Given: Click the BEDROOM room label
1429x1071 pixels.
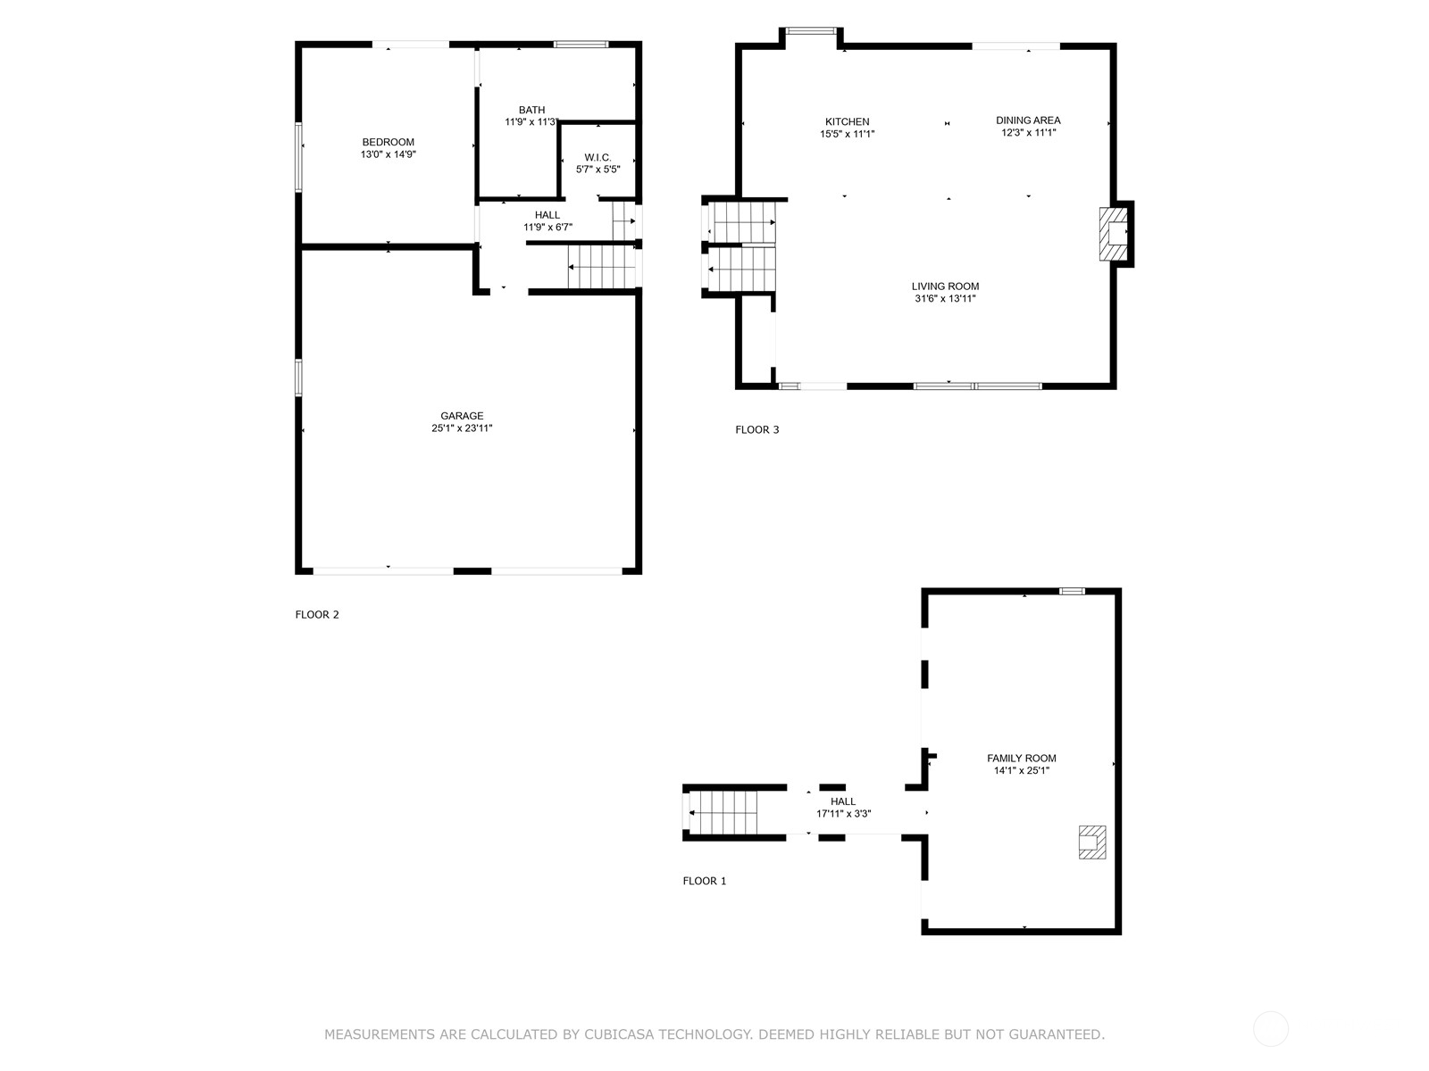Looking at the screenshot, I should click(x=388, y=142).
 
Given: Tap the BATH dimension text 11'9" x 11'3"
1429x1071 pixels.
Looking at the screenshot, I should click(x=531, y=122).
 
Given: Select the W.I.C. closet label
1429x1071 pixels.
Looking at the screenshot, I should click(x=598, y=157).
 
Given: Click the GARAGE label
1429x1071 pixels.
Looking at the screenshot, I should click(x=462, y=416).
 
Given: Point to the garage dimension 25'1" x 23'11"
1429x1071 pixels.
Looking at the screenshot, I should click(x=462, y=428).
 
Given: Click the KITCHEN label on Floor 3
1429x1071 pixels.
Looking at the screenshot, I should click(x=847, y=121).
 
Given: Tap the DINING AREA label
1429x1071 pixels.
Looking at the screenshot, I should click(x=1028, y=120).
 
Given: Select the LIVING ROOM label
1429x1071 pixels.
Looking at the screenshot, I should click(x=945, y=286).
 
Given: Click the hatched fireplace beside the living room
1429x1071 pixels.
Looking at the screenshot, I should click(x=1114, y=234).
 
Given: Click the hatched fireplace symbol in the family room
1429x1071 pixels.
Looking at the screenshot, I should click(x=1091, y=842).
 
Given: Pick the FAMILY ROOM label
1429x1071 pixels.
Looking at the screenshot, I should click(x=1021, y=759).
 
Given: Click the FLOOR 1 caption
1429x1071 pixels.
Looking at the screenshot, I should click(x=705, y=881).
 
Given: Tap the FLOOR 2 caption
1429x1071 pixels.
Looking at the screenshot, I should click(x=317, y=614).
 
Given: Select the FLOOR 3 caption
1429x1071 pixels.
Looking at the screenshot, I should click(x=757, y=429).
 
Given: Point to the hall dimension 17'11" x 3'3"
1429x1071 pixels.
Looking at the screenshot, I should click(x=843, y=814).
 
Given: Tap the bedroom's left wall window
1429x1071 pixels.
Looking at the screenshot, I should click(x=299, y=156).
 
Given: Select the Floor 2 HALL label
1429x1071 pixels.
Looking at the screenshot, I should click(x=547, y=215).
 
